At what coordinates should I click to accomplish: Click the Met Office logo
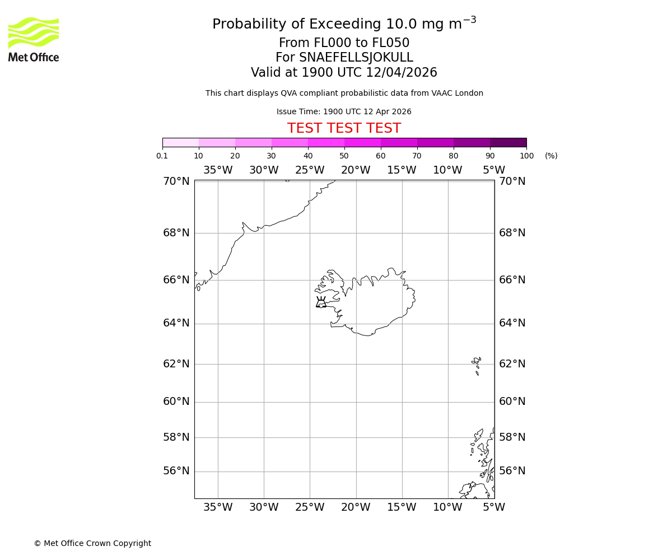(34, 39)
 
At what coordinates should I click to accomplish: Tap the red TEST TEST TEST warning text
(344, 128)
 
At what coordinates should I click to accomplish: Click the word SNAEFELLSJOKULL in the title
(357, 58)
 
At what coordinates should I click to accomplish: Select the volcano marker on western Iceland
(321, 302)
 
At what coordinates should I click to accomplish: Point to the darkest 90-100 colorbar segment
(508, 142)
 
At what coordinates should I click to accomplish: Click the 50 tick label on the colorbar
(344, 156)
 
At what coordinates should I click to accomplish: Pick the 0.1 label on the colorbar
(162, 156)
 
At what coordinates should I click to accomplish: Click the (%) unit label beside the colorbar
(551, 156)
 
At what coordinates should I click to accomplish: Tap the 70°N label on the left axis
(176, 181)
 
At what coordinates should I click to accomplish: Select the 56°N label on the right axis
(512, 471)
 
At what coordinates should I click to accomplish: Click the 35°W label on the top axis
(218, 170)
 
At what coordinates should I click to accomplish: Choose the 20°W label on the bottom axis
(356, 507)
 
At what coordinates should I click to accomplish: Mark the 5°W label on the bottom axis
(494, 507)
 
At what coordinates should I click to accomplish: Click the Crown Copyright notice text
(92, 543)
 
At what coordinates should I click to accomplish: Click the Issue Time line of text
(344, 111)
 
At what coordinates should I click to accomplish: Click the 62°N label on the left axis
(176, 364)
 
